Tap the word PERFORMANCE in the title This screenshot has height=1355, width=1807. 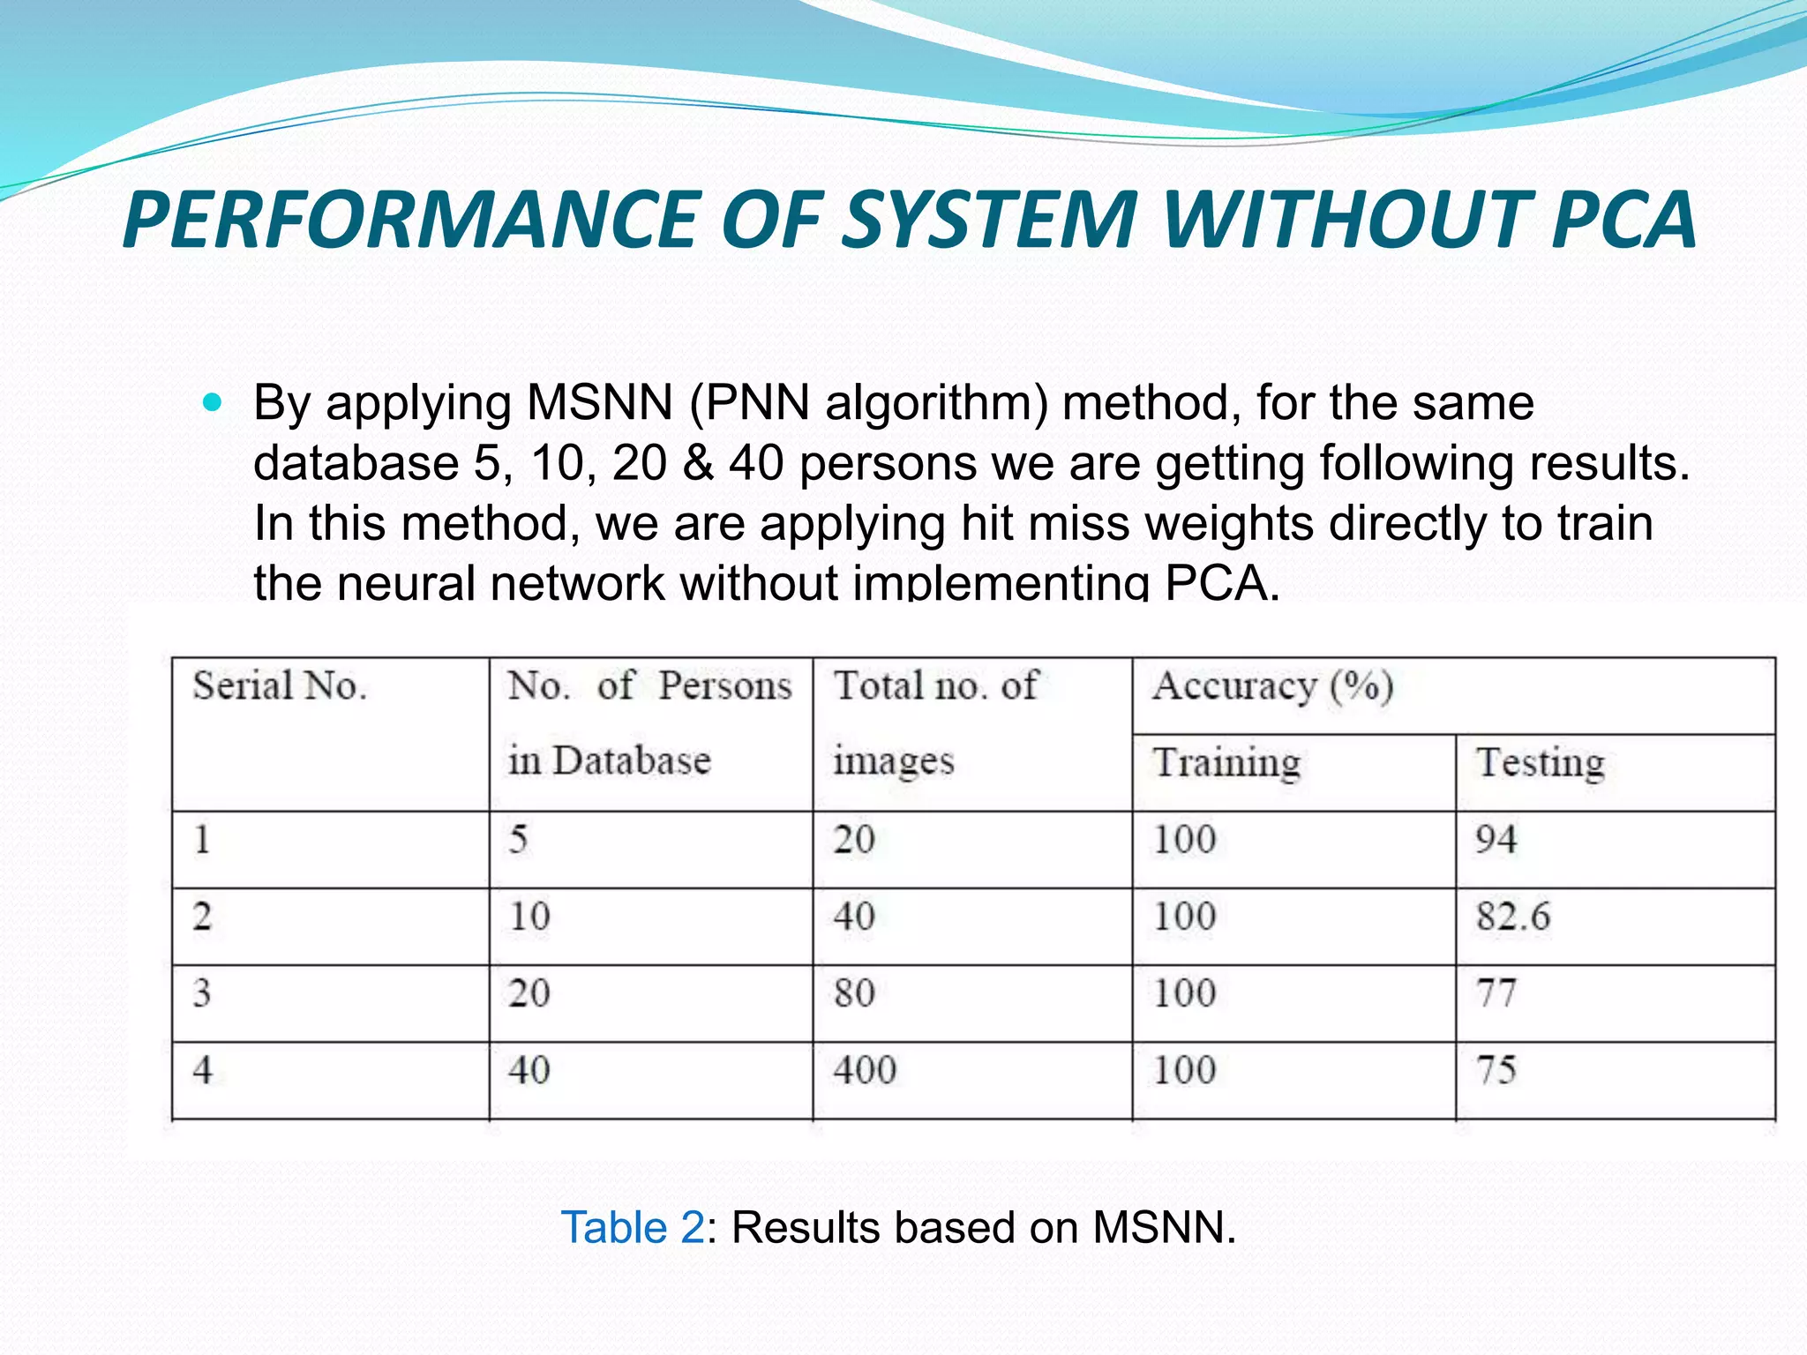pyautogui.click(x=411, y=220)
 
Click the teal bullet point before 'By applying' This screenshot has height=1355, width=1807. pyautogui.click(x=213, y=403)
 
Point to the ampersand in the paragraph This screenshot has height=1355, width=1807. pyautogui.click(x=697, y=463)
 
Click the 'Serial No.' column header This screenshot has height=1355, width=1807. pyautogui.click(x=280, y=686)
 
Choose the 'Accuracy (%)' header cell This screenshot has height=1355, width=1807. pyautogui.click(x=1272, y=686)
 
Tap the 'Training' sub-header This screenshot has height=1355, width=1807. pyautogui.click(x=1226, y=763)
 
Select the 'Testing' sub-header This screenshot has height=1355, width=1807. pyautogui.click(x=1541, y=763)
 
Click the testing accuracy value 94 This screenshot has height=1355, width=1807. pyautogui.click(x=1496, y=840)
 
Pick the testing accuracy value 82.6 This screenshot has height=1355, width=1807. pyautogui.click(x=1513, y=917)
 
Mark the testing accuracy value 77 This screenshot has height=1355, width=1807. pyautogui.click(x=1496, y=993)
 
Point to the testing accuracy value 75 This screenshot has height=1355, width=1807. pyautogui.click(x=1496, y=1070)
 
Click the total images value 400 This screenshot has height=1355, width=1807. pyautogui.click(x=865, y=1070)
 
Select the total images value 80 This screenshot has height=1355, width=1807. pyautogui.click(x=854, y=993)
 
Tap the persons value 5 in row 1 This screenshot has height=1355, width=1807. pyautogui.click(x=519, y=840)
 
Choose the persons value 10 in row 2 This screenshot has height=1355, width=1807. pyautogui.click(x=529, y=917)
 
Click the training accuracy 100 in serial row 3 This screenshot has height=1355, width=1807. pyautogui.click(x=1185, y=993)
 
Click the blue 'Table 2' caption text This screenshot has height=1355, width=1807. pyautogui.click(x=633, y=1227)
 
